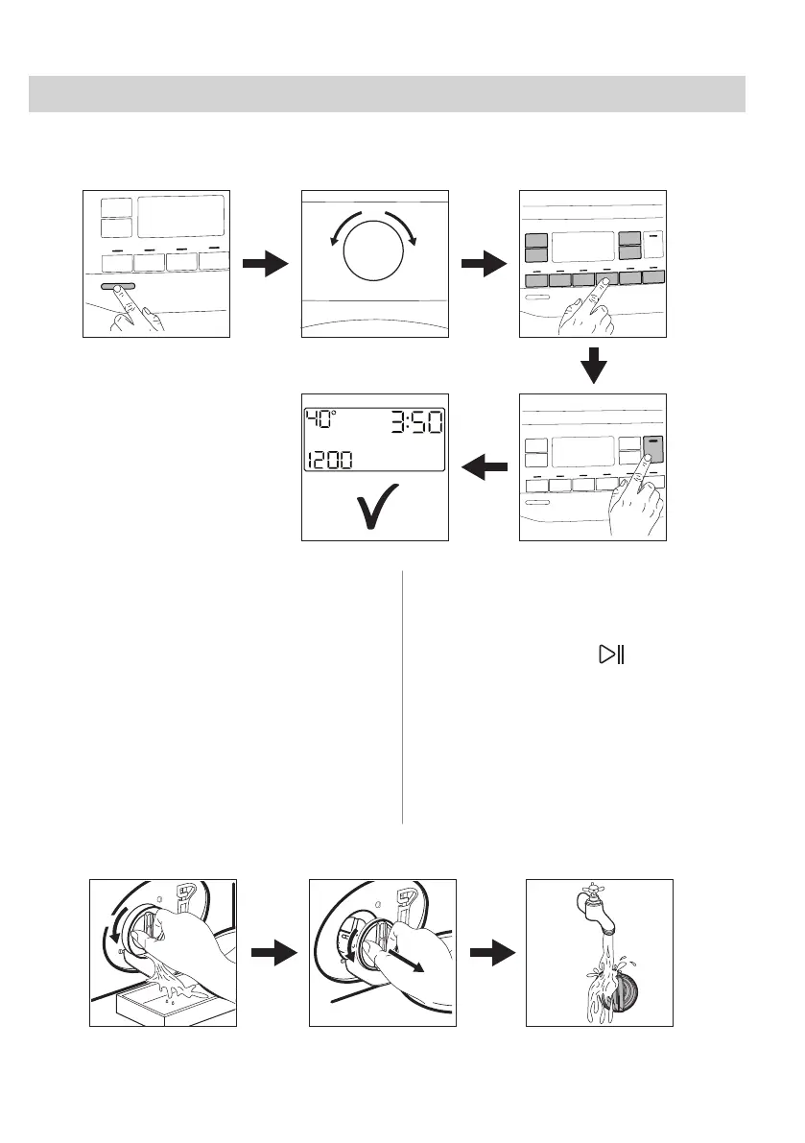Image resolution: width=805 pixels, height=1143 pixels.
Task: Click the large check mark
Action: click(x=374, y=509)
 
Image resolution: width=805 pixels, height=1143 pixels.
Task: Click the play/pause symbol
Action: click(x=611, y=655)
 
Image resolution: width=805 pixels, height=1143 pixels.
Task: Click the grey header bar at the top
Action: click(x=388, y=94)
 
